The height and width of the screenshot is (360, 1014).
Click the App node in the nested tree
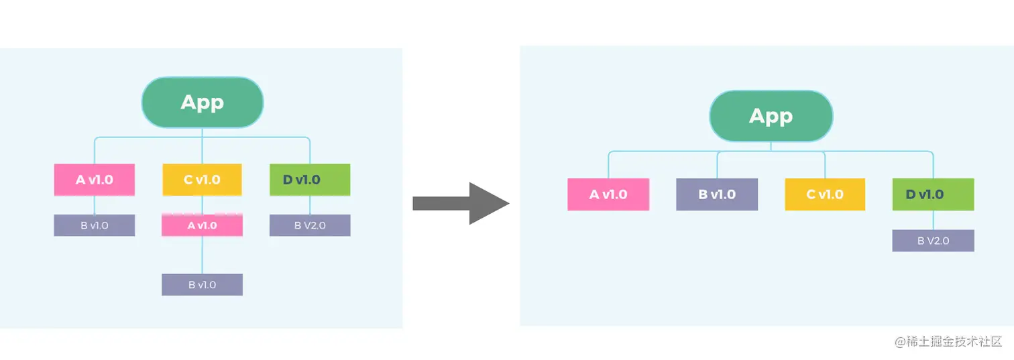(x=202, y=103)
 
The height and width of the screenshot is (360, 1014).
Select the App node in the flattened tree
(x=771, y=116)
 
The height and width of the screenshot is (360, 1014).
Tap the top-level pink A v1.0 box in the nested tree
(x=95, y=180)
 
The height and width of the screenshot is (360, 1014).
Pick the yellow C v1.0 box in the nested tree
(x=202, y=180)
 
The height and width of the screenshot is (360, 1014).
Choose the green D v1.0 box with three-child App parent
(x=310, y=180)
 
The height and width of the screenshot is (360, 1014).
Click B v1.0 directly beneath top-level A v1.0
(x=95, y=225)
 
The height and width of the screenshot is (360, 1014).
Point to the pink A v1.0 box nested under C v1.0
(x=202, y=226)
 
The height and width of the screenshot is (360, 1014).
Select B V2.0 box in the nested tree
(x=310, y=225)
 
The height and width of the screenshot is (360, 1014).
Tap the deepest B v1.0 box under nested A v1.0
(x=202, y=284)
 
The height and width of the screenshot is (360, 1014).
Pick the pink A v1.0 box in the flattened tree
(x=608, y=194)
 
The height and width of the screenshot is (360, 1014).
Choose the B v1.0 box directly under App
(x=717, y=194)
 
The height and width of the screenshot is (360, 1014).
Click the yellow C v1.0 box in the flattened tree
(x=825, y=194)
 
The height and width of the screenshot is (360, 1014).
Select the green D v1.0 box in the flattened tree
(x=933, y=194)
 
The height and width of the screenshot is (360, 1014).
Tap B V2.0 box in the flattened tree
(x=933, y=241)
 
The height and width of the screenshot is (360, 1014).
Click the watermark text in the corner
(x=948, y=341)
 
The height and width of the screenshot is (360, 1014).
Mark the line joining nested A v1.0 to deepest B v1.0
(x=202, y=255)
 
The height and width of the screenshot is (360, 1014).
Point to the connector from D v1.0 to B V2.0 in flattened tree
(x=934, y=220)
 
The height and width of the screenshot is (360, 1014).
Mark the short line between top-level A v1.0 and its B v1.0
(x=95, y=205)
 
